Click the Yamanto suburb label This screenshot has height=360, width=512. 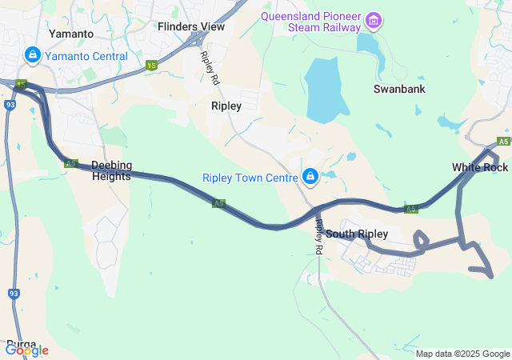pos(71,34)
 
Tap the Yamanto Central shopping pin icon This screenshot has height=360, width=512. pos(33,56)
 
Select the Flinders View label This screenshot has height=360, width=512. pos(190,26)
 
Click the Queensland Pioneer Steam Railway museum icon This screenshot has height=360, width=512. pos(373,19)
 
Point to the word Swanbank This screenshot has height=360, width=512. pos(398,89)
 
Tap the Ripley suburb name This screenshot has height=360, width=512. pos(226,106)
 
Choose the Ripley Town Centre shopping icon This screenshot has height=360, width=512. pos(310,176)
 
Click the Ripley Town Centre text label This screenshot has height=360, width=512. pos(250,178)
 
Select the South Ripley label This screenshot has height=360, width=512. pos(357,234)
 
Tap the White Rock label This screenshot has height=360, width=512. pos(479,167)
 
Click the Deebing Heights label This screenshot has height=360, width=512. pos(110,170)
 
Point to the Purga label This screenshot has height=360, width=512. pos(21,344)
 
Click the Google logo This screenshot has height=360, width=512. pos(26,350)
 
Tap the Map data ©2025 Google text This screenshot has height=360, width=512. pos(462,354)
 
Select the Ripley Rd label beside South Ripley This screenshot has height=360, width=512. pos(318,238)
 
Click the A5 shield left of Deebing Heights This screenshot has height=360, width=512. pos(71,163)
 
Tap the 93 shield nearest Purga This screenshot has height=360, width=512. pos(14,294)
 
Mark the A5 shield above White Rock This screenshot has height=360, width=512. pos(503,142)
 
